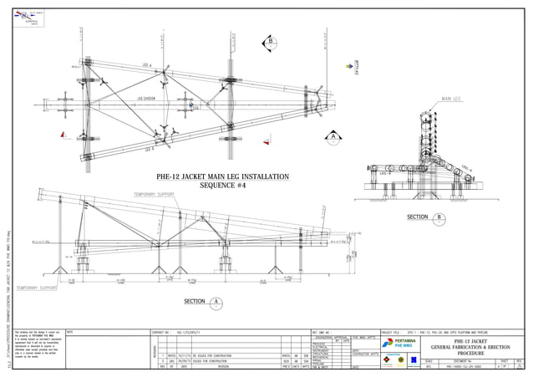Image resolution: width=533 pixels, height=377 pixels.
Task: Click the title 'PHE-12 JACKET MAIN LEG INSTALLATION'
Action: (x=222, y=177)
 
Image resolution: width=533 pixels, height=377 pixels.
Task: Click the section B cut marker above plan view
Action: (x=270, y=43)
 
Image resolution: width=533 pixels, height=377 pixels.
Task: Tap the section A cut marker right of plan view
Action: (x=332, y=136)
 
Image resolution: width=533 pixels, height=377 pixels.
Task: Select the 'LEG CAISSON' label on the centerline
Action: (x=148, y=99)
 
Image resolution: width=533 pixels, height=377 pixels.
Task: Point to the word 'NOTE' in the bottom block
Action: (x=70, y=332)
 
